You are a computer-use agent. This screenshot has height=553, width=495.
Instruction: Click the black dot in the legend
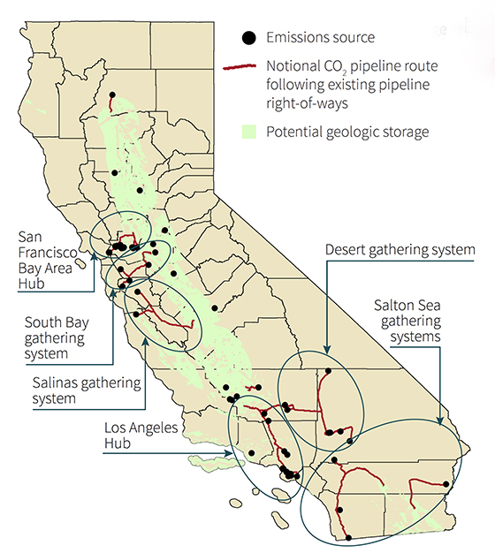click(249, 37)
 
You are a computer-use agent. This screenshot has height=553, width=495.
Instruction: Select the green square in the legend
click(249, 133)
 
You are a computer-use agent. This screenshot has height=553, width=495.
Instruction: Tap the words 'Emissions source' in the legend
click(319, 37)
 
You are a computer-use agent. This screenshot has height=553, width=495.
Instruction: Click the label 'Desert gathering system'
click(400, 250)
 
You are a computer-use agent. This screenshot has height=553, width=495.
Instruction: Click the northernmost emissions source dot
click(112, 95)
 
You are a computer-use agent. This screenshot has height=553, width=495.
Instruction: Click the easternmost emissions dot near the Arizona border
click(445, 484)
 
